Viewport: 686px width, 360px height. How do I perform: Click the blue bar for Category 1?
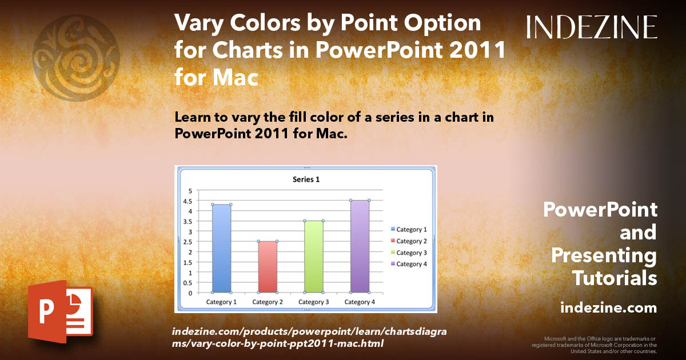coord(221,249)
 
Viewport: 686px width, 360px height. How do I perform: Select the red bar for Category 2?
coord(268,267)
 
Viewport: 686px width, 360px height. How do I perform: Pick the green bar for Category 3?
coord(314,257)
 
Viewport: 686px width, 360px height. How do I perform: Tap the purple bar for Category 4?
coord(360,246)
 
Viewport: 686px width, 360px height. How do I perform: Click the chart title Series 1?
coord(306,179)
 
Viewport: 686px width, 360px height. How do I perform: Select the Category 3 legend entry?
coord(408,253)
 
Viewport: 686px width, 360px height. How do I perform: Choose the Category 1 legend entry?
coord(408,230)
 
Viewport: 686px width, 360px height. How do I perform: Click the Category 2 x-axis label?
coord(268,302)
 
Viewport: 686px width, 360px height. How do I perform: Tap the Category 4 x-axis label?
coord(360,302)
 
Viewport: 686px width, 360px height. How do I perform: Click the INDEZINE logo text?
coord(592,27)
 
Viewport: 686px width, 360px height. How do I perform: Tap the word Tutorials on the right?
coord(615,278)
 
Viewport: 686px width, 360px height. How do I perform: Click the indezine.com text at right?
coord(608,308)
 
